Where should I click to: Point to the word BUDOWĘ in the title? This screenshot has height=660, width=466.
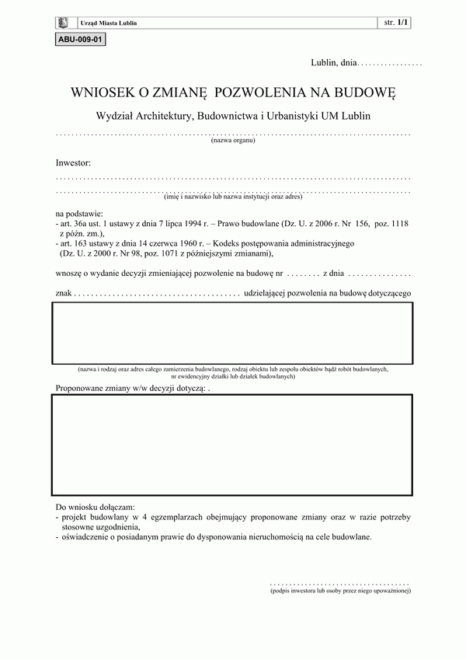(x=366, y=93)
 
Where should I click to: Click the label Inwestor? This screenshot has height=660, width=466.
(x=73, y=164)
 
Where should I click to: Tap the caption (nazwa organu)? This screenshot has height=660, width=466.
(x=233, y=141)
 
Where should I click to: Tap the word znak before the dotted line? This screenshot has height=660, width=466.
(x=64, y=294)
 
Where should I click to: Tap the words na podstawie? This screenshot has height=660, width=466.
(x=78, y=212)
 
